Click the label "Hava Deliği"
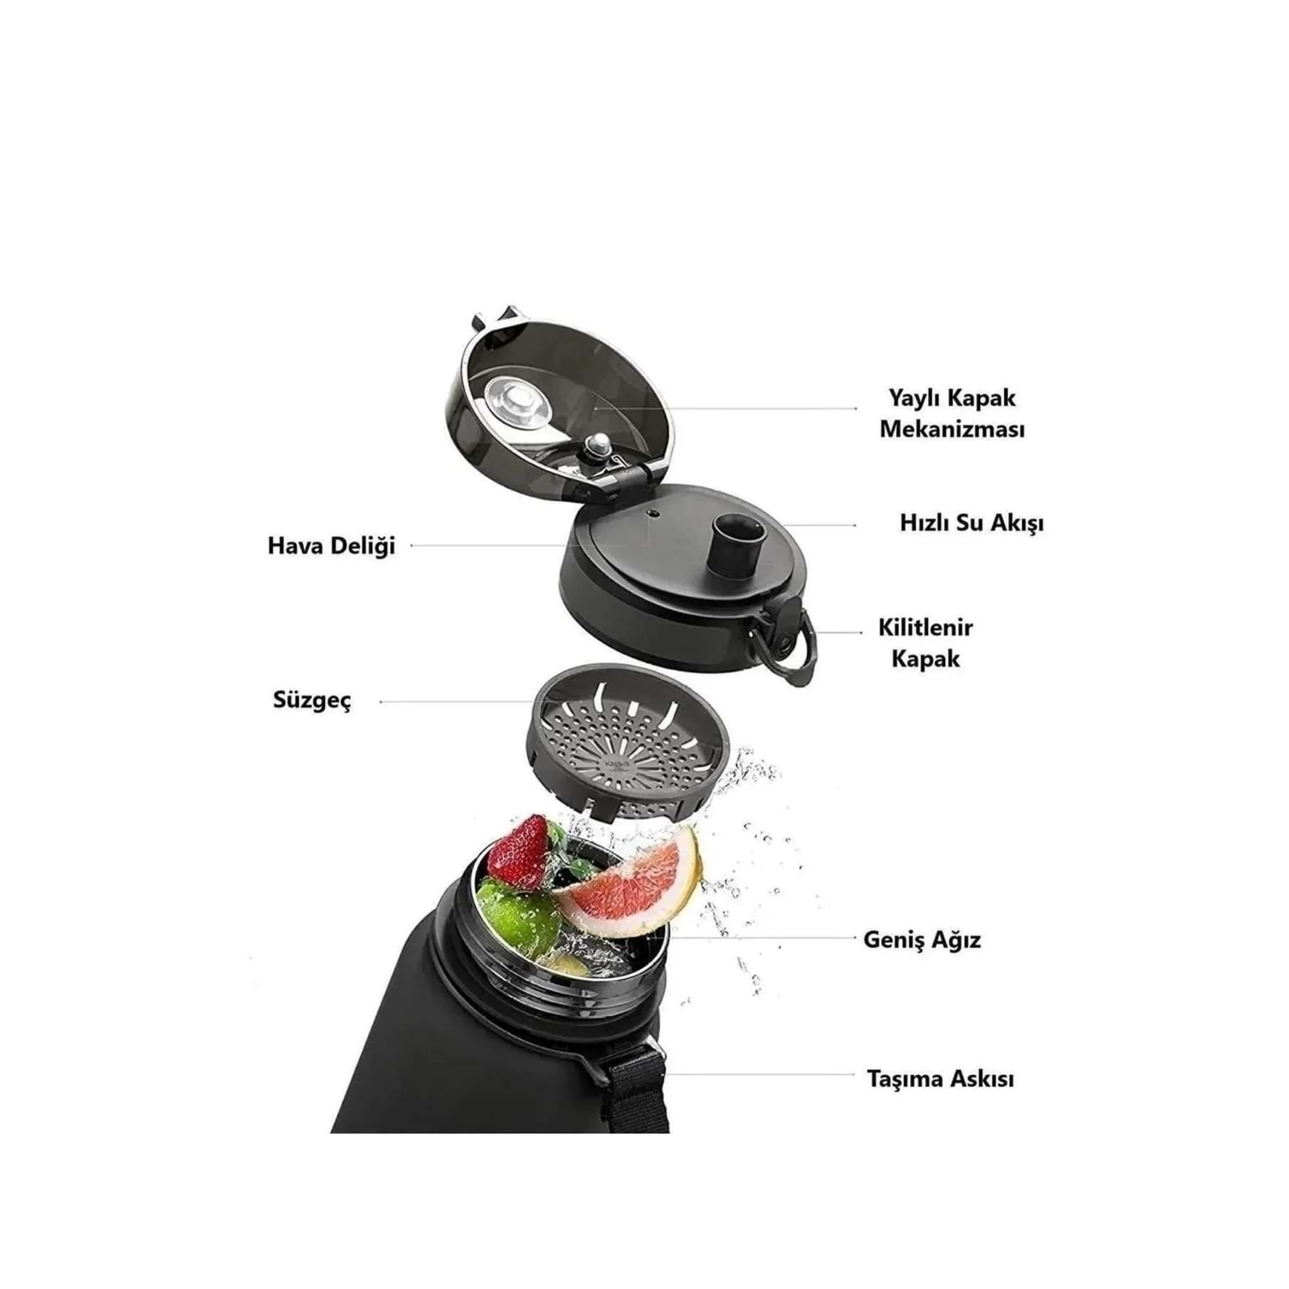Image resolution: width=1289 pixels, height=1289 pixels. pos(332,547)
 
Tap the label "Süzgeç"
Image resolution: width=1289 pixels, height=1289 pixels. pos(312,701)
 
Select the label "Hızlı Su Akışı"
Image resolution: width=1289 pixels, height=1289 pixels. pos(972,523)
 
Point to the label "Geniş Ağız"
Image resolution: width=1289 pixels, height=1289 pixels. pos(922,939)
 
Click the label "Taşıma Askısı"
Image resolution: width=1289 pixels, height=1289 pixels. pos(940,1078)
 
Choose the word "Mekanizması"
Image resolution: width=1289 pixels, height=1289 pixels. pos(952,429)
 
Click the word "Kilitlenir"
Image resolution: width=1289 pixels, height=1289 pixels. pos(926,627)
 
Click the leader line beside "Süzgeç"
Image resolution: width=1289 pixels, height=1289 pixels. pos(457,702)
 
